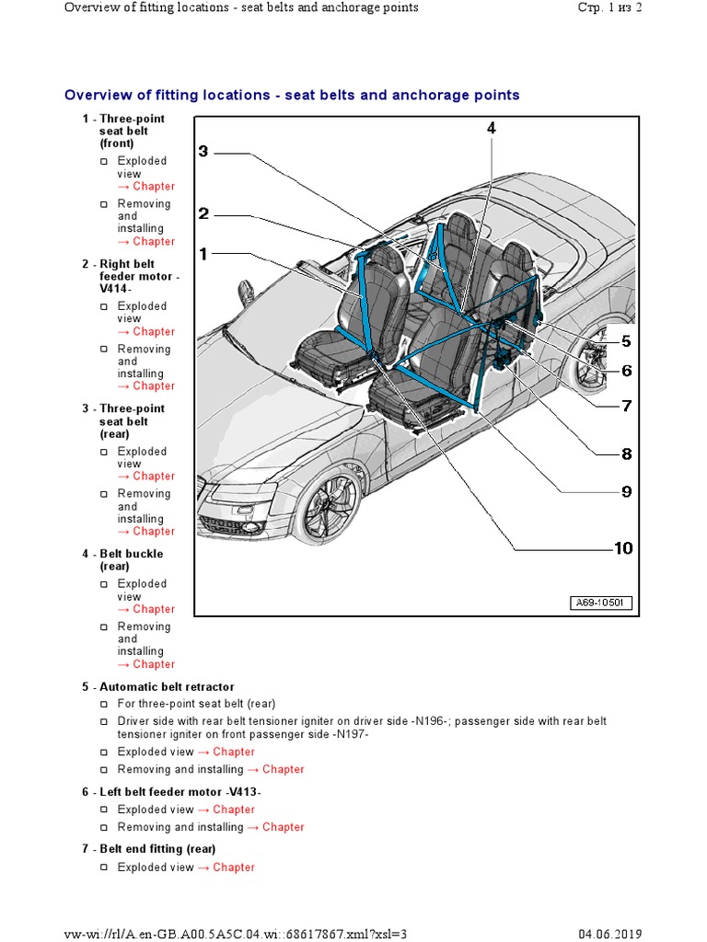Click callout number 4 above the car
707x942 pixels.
pos(492,130)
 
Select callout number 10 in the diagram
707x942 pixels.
pos(623,548)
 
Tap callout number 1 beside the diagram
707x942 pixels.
pos(203,253)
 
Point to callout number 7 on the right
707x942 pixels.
pos(626,406)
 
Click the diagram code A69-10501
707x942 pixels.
pos(599,603)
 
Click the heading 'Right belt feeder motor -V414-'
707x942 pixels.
pos(138,277)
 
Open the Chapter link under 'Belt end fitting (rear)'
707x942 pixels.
pos(234,867)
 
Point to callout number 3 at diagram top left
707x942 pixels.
pos(203,152)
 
